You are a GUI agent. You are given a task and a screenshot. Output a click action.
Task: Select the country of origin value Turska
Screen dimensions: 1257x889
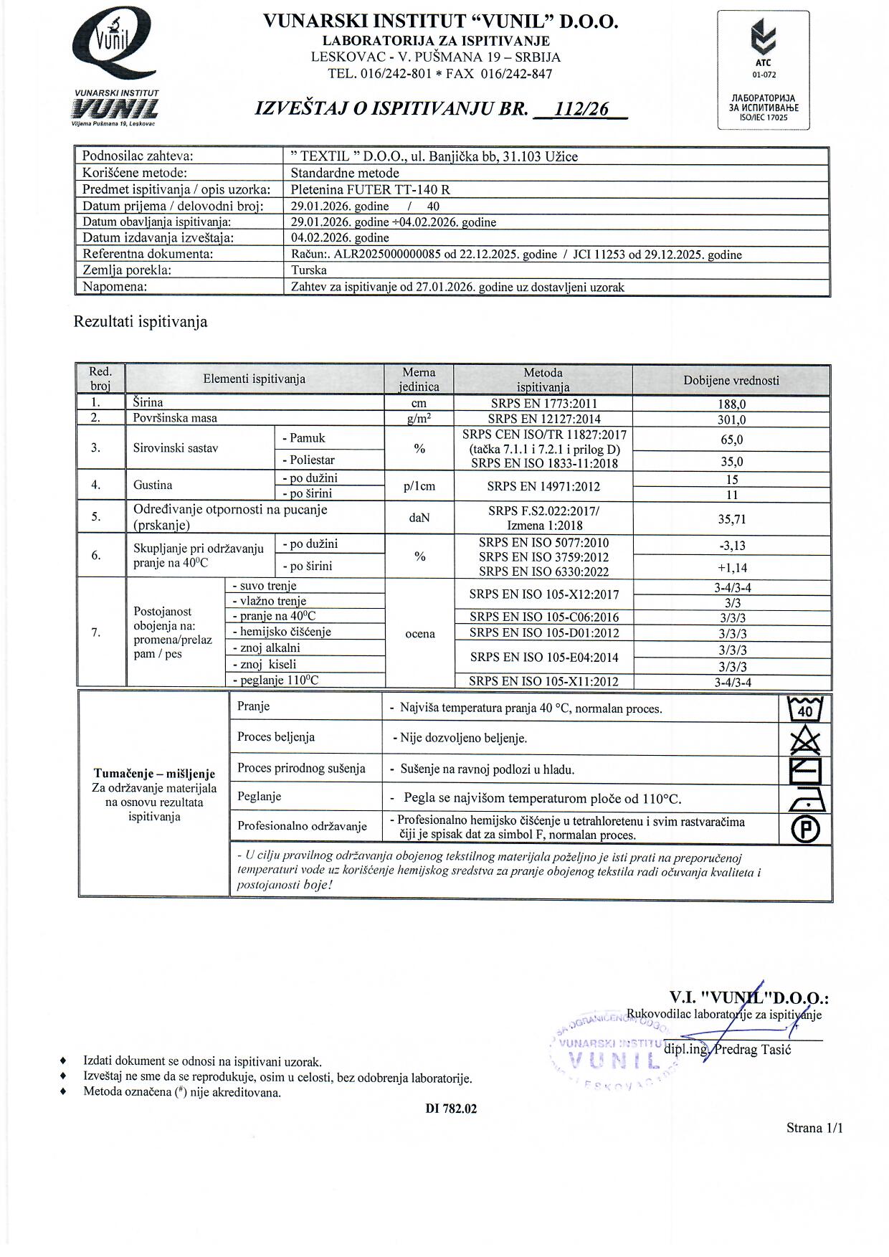click(x=309, y=270)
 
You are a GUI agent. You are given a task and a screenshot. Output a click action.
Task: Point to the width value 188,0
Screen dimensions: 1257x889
click(x=731, y=404)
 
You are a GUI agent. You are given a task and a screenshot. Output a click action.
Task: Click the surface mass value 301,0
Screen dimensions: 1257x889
click(x=731, y=419)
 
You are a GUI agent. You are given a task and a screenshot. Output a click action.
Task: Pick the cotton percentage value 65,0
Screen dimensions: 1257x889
click(x=731, y=440)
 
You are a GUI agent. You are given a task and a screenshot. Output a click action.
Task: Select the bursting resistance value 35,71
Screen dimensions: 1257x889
click(x=731, y=518)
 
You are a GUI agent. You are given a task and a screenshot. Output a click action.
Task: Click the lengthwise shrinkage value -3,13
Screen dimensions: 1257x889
click(x=731, y=546)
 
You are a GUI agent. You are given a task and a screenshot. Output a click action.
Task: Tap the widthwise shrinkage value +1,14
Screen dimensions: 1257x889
click(x=731, y=567)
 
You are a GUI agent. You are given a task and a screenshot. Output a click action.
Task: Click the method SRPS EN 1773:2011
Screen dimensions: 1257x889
click(x=543, y=404)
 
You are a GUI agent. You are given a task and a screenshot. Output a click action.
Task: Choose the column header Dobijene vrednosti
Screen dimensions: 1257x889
click(x=731, y=381)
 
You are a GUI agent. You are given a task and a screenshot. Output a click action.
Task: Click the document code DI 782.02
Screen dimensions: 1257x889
click(x=451, y=1109)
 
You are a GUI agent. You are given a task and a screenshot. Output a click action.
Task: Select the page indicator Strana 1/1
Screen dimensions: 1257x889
click(x=814, y=1128)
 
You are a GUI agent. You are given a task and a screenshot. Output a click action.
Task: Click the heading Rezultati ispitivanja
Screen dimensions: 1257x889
click(x=141, y=322)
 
